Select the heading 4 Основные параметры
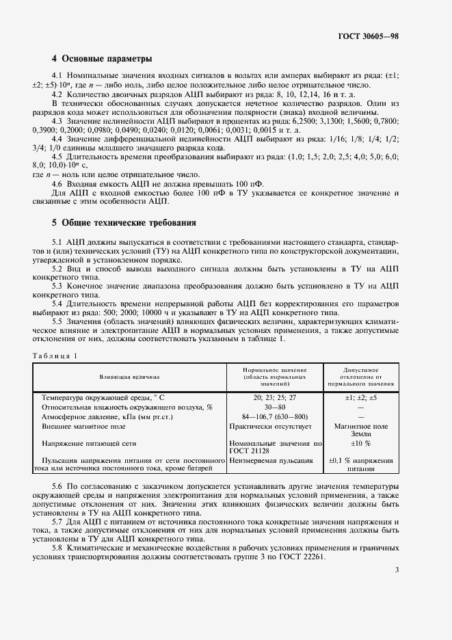pyautogui.click(x=102, y=59)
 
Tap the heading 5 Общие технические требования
pyautogui.click(x=124, y=223)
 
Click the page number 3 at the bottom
pyautogui.click(x=397, y=570)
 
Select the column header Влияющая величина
pyautogui.click(x=129, y=376)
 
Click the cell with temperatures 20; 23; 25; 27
pyautogui.click(x=275, y=397)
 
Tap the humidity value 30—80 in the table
pyautogui.click(x=275, y=407)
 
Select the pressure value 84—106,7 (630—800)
pyautogui.click(x=275, y=416)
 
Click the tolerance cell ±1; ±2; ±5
pyautogui.click(x=362, y=397)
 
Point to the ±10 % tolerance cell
pyautogui.click(x=362, y=444)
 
